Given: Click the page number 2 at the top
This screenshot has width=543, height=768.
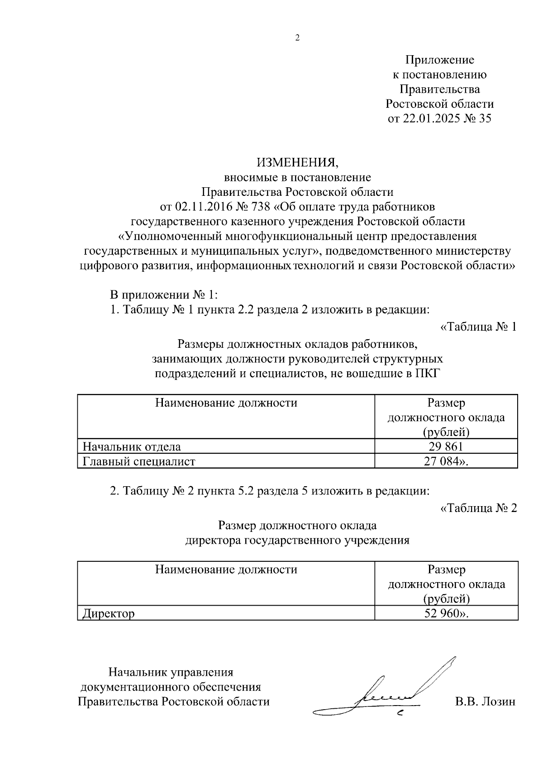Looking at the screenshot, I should click(x=297, y=38).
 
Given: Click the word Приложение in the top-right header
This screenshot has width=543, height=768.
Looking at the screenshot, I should click(x=439, y=60).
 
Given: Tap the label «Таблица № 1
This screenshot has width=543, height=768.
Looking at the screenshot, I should click(x=478, y=327).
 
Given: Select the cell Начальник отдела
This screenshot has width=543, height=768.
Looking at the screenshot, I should click(x=132, y=447).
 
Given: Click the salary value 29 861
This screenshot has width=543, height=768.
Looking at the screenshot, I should click(x=446, y=447).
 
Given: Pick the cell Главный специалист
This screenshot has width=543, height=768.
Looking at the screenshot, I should click(x=139, y=461).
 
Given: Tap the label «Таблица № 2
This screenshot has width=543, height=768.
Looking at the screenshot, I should click(x=478, y=508).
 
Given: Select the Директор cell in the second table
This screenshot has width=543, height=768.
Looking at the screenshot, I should click(x=109, y=614).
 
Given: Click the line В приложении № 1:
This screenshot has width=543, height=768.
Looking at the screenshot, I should click(x=164, y=295).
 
